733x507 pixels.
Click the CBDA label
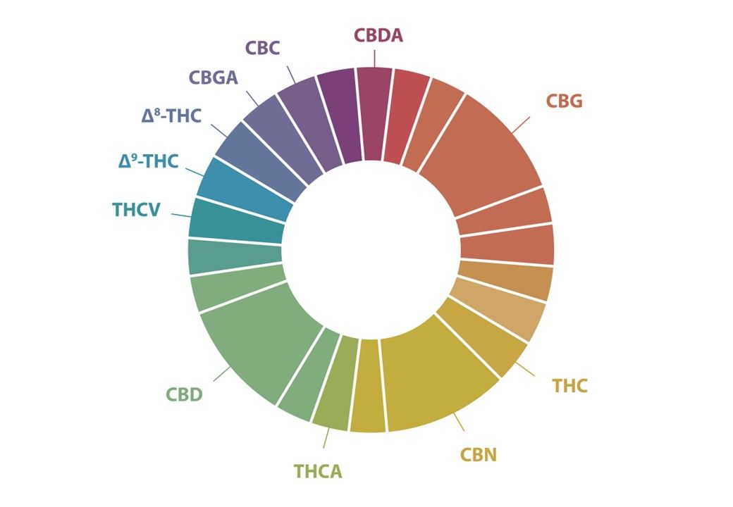pos(378,35)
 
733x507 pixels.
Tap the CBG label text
pos(564,101)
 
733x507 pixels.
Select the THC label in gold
pos(569,386)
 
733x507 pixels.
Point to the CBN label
pos(479,455)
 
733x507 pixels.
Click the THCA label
pos(317,471)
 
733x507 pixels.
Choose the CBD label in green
pos(184,394)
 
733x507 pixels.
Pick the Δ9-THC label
pos(148,162)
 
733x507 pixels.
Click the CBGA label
pos(213,77)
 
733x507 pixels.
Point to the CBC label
pos(263,48)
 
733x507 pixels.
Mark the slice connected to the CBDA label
pos(374,113)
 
